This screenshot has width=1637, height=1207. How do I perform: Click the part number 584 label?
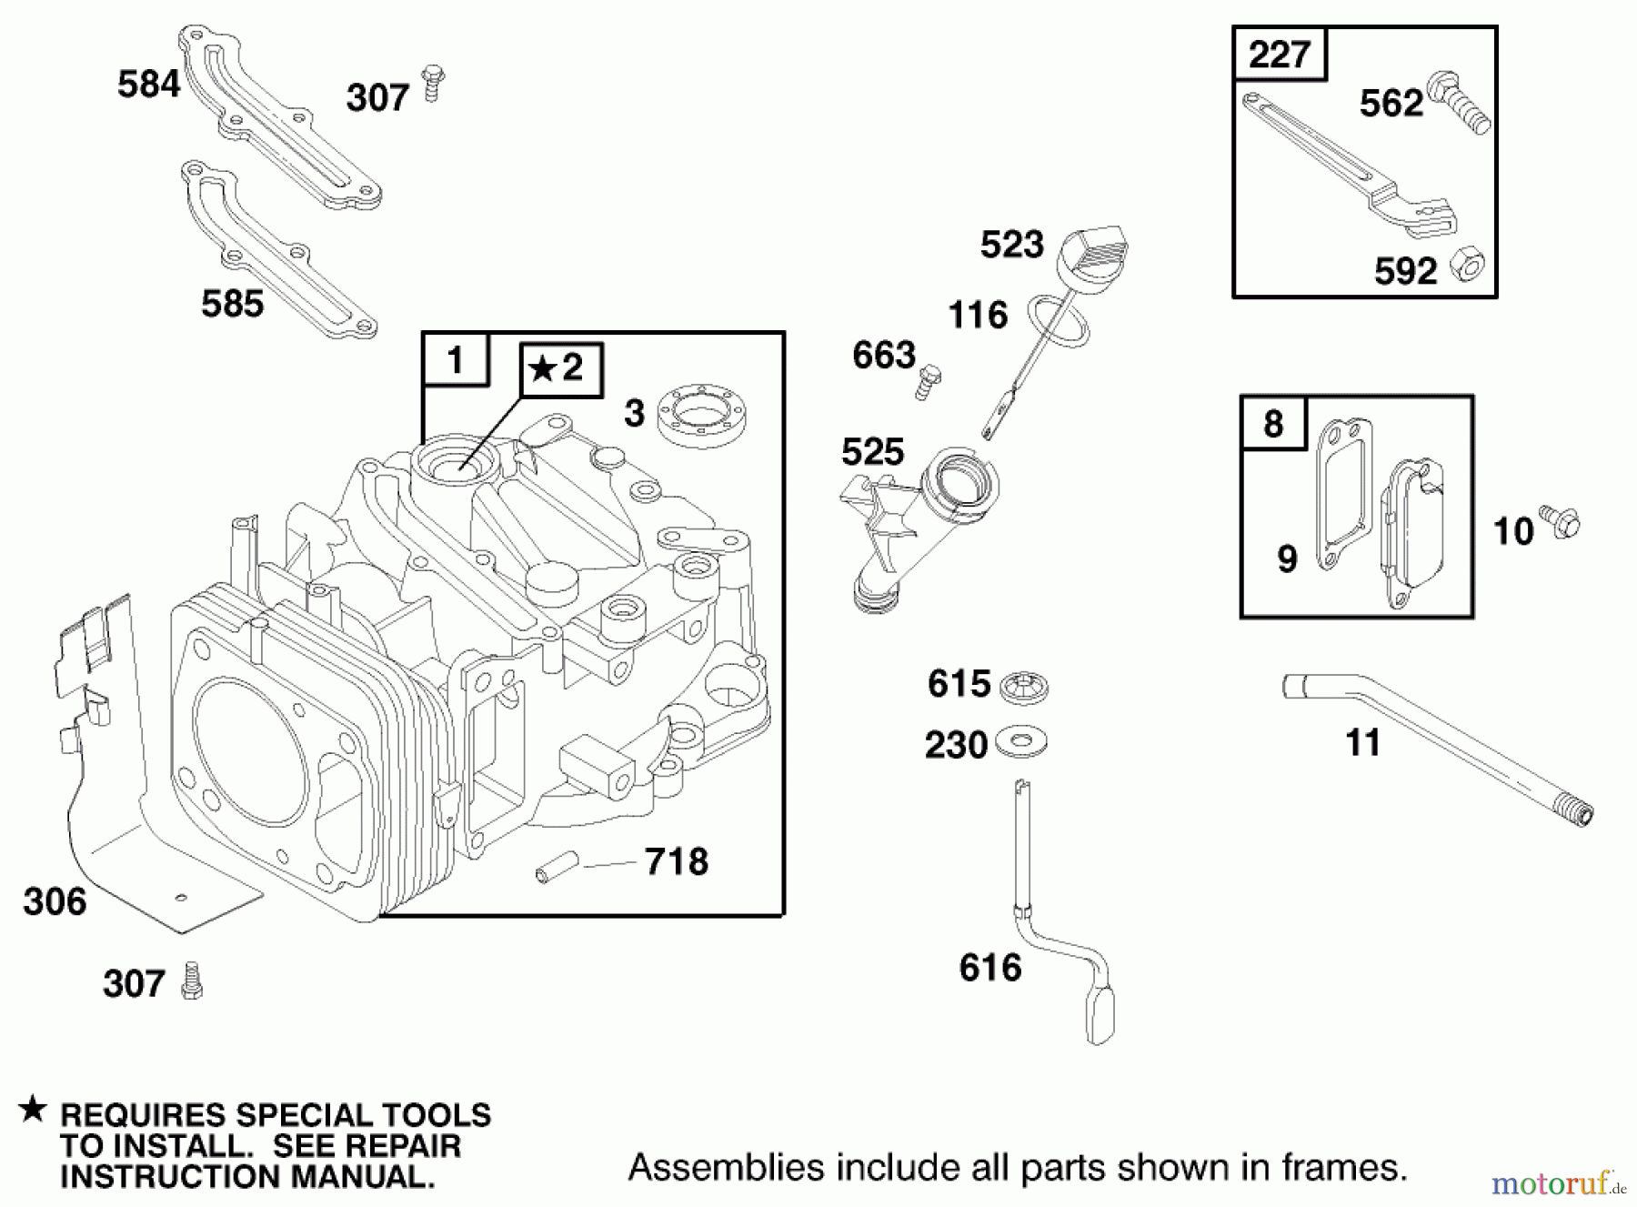148,85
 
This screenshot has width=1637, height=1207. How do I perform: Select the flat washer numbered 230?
1021,740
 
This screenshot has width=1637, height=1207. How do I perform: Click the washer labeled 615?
1023,687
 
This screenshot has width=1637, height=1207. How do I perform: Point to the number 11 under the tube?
1362,743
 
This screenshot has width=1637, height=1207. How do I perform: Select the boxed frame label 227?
1279,55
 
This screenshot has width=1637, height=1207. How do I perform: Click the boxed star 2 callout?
560,369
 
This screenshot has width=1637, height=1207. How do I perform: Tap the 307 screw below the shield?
192,981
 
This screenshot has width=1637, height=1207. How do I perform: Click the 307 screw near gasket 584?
433,83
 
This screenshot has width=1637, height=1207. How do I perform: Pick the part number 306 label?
55,901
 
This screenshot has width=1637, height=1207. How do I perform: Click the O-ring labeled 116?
1059,320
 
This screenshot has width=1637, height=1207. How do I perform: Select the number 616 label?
989,967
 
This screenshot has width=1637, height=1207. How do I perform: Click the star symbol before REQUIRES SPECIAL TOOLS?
33,1110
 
